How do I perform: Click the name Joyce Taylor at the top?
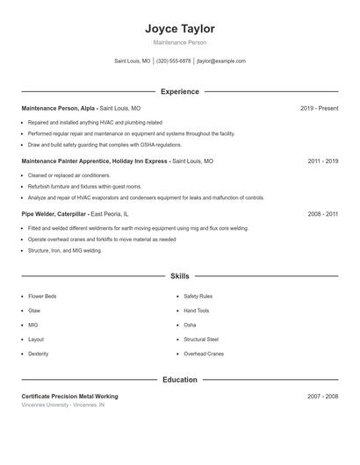coord(179,29)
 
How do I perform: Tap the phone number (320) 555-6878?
coord(173,61)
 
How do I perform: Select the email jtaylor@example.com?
coord(221,61)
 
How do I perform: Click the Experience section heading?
coord(179,91)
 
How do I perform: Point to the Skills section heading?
coord(179,275)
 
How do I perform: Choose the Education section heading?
coord(179,380)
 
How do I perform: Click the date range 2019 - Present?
coord(319,108)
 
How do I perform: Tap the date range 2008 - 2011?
coord(323,214)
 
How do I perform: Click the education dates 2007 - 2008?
coord(323,397)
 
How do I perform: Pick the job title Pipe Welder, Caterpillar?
coord(54,214)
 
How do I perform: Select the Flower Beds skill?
coord(42,297)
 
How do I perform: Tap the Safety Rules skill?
coord(198,297)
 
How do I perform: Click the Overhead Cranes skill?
coord(204,354)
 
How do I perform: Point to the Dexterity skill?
coord(39,354)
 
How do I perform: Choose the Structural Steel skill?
coord(201,339)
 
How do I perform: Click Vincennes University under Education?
coord(46,405)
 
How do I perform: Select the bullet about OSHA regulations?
coord(92,145)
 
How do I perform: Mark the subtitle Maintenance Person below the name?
coord(179,42)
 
